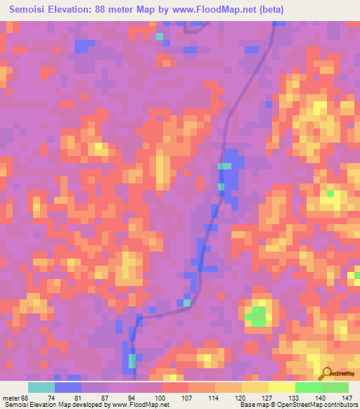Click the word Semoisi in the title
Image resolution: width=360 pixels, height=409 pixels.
[33, 11]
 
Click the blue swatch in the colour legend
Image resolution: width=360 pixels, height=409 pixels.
[67, 387]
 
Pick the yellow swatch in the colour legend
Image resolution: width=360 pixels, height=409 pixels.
[281, 387]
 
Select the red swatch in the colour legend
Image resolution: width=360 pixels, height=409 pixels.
[174, 387]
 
